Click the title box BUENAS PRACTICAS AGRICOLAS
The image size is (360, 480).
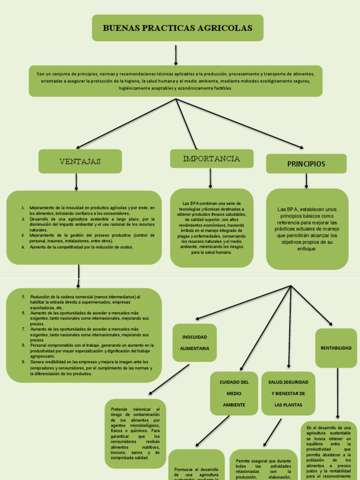[177, 28]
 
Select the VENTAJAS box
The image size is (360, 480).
[80, 161]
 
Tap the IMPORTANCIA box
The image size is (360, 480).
[211, 159]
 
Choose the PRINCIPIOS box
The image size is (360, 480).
[306, 164]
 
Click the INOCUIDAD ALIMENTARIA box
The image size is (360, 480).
[195, 343]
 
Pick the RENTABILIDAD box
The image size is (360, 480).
[336, 348]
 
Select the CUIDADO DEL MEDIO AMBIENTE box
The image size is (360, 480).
[234, 393]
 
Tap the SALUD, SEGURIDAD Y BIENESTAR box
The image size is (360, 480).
[288, 393]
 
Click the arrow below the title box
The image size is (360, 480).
[176, 55]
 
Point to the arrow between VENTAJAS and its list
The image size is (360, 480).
[76, 182]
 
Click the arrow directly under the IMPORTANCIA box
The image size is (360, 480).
[210, 178]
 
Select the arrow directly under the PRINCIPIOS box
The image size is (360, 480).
[306, 180]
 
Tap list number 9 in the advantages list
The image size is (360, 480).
[23, 362]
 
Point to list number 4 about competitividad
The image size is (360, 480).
[23, 247]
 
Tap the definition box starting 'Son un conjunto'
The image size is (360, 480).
[175, 81]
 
